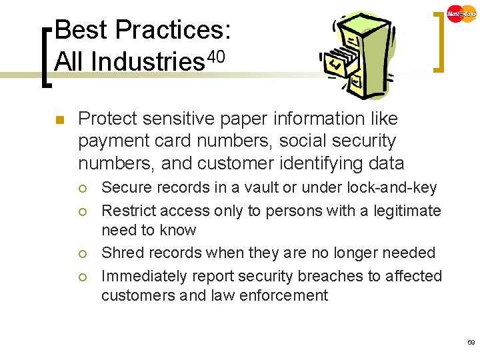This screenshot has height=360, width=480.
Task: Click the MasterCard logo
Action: [x=462, y=13]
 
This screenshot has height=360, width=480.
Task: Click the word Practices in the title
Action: [x=173, y=30]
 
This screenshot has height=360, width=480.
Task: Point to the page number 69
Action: [x=471, y=342]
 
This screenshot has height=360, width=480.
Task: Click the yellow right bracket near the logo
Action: [x=438, y=40]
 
